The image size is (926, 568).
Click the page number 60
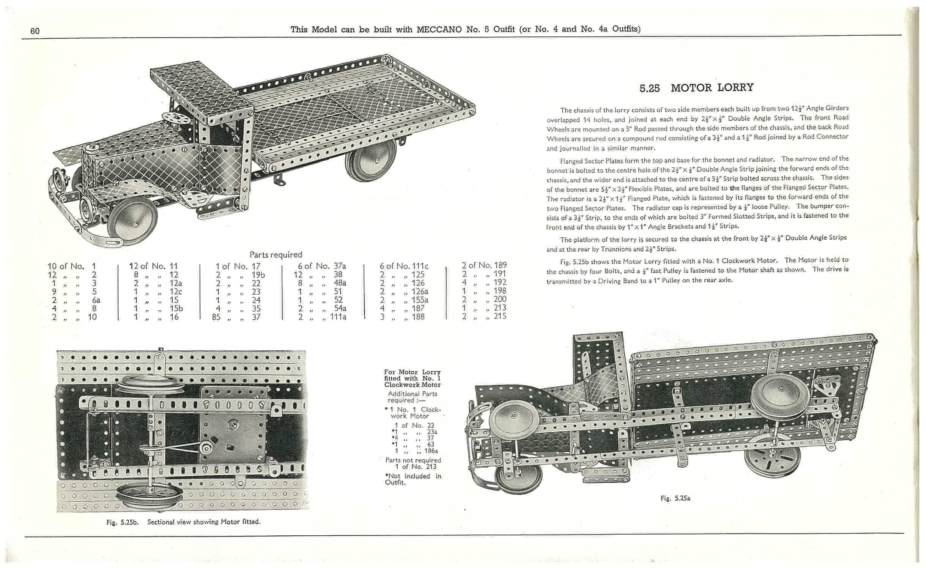tap(35, 31)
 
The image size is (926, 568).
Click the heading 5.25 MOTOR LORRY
tap(696, 88)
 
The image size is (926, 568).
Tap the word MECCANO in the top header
tap(439, 29)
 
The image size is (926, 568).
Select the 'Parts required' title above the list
tap(276, 254)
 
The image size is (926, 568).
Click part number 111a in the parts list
tap(338, 317)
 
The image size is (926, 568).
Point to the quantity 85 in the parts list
tap(216, 317)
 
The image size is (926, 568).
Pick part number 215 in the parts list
tap(500, 316)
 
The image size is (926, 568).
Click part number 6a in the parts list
tap(96, 300)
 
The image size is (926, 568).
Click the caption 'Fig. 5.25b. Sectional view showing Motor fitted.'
tap(183, 522)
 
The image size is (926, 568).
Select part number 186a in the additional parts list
tap(431, 451)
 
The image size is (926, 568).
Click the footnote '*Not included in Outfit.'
tap(413, 479)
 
